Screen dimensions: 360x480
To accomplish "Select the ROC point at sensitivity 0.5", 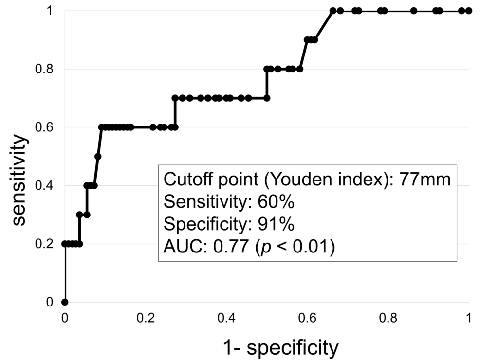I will pos(98,157).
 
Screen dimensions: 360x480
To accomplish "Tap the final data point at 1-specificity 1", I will pos(469,10).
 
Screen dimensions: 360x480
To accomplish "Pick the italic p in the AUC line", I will pos(261,248).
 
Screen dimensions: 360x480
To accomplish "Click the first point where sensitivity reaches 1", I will pos(332,10).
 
